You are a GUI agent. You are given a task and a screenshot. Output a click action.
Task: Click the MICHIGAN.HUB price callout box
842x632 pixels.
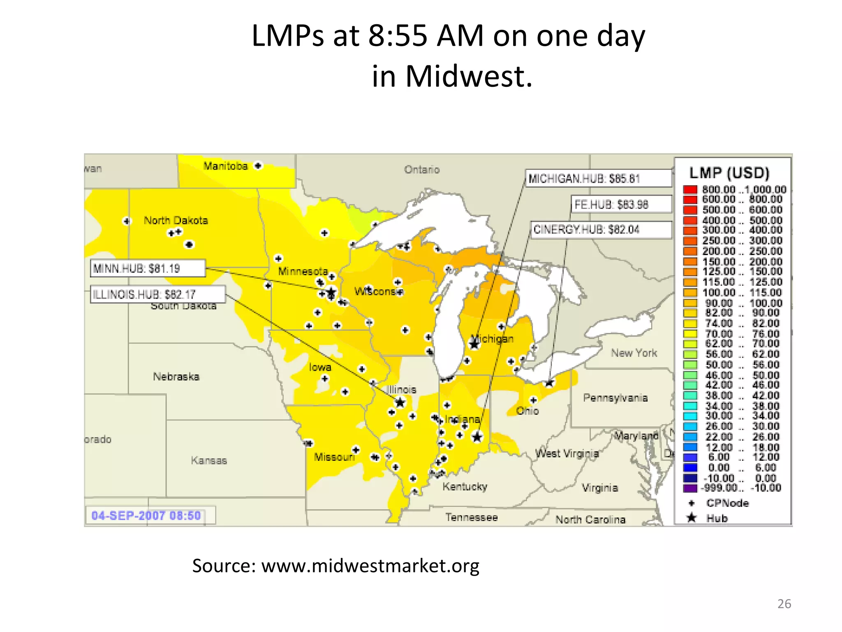[598, 179]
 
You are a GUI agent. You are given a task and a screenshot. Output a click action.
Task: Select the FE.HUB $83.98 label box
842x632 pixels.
[621, 204]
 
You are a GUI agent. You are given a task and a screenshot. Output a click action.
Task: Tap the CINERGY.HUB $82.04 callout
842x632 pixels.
[601, 230]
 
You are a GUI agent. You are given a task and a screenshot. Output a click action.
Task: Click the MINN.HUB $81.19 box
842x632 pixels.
[148, 268]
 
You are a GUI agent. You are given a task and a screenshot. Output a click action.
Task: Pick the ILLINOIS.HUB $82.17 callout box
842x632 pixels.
[157, 294]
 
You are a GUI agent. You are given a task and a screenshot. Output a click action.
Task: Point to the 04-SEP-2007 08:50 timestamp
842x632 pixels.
[146, 516]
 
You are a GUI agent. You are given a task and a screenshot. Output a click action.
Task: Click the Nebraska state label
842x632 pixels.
[176, 376]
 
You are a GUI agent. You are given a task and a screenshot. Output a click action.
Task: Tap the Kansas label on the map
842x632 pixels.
[209, 460]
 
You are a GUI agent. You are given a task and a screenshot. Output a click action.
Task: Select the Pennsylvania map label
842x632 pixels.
[615, 398]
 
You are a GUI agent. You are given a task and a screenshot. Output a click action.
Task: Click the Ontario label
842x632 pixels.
[422, 170]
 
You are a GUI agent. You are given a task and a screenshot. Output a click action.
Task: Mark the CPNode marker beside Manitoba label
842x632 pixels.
[258, 166]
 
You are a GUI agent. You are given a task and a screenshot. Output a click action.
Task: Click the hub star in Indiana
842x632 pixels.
[477, 437]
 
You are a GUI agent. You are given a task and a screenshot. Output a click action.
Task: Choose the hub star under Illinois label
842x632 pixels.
[400, 402]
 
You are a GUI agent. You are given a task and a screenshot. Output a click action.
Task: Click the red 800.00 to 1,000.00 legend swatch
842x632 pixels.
[690, 189]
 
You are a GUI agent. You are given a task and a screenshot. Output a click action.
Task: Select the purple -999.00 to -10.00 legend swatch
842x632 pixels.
[690, 488]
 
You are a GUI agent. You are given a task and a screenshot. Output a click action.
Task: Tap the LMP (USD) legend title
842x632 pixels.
[729, 173]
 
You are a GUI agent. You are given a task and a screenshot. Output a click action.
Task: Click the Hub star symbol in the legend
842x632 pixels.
[692, 518]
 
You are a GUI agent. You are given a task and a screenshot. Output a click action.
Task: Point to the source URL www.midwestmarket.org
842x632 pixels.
[370, 566]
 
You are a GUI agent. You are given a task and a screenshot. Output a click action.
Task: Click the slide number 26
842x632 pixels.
[784, 604]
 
